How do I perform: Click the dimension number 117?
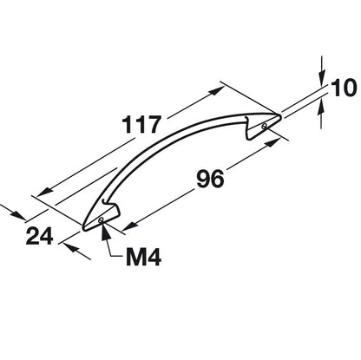click(x=141, y=125)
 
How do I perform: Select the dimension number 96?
click(x=210, y=179)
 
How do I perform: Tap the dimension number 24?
click(x=40, y=236)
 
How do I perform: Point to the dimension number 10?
click(x=344, y=88)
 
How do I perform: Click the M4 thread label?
click(x=143, y=257)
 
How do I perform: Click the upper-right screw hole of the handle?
click(x=264, y=126)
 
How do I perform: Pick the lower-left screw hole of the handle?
click(x=101, y=220)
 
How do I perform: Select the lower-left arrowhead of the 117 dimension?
click(x=45, y=192)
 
